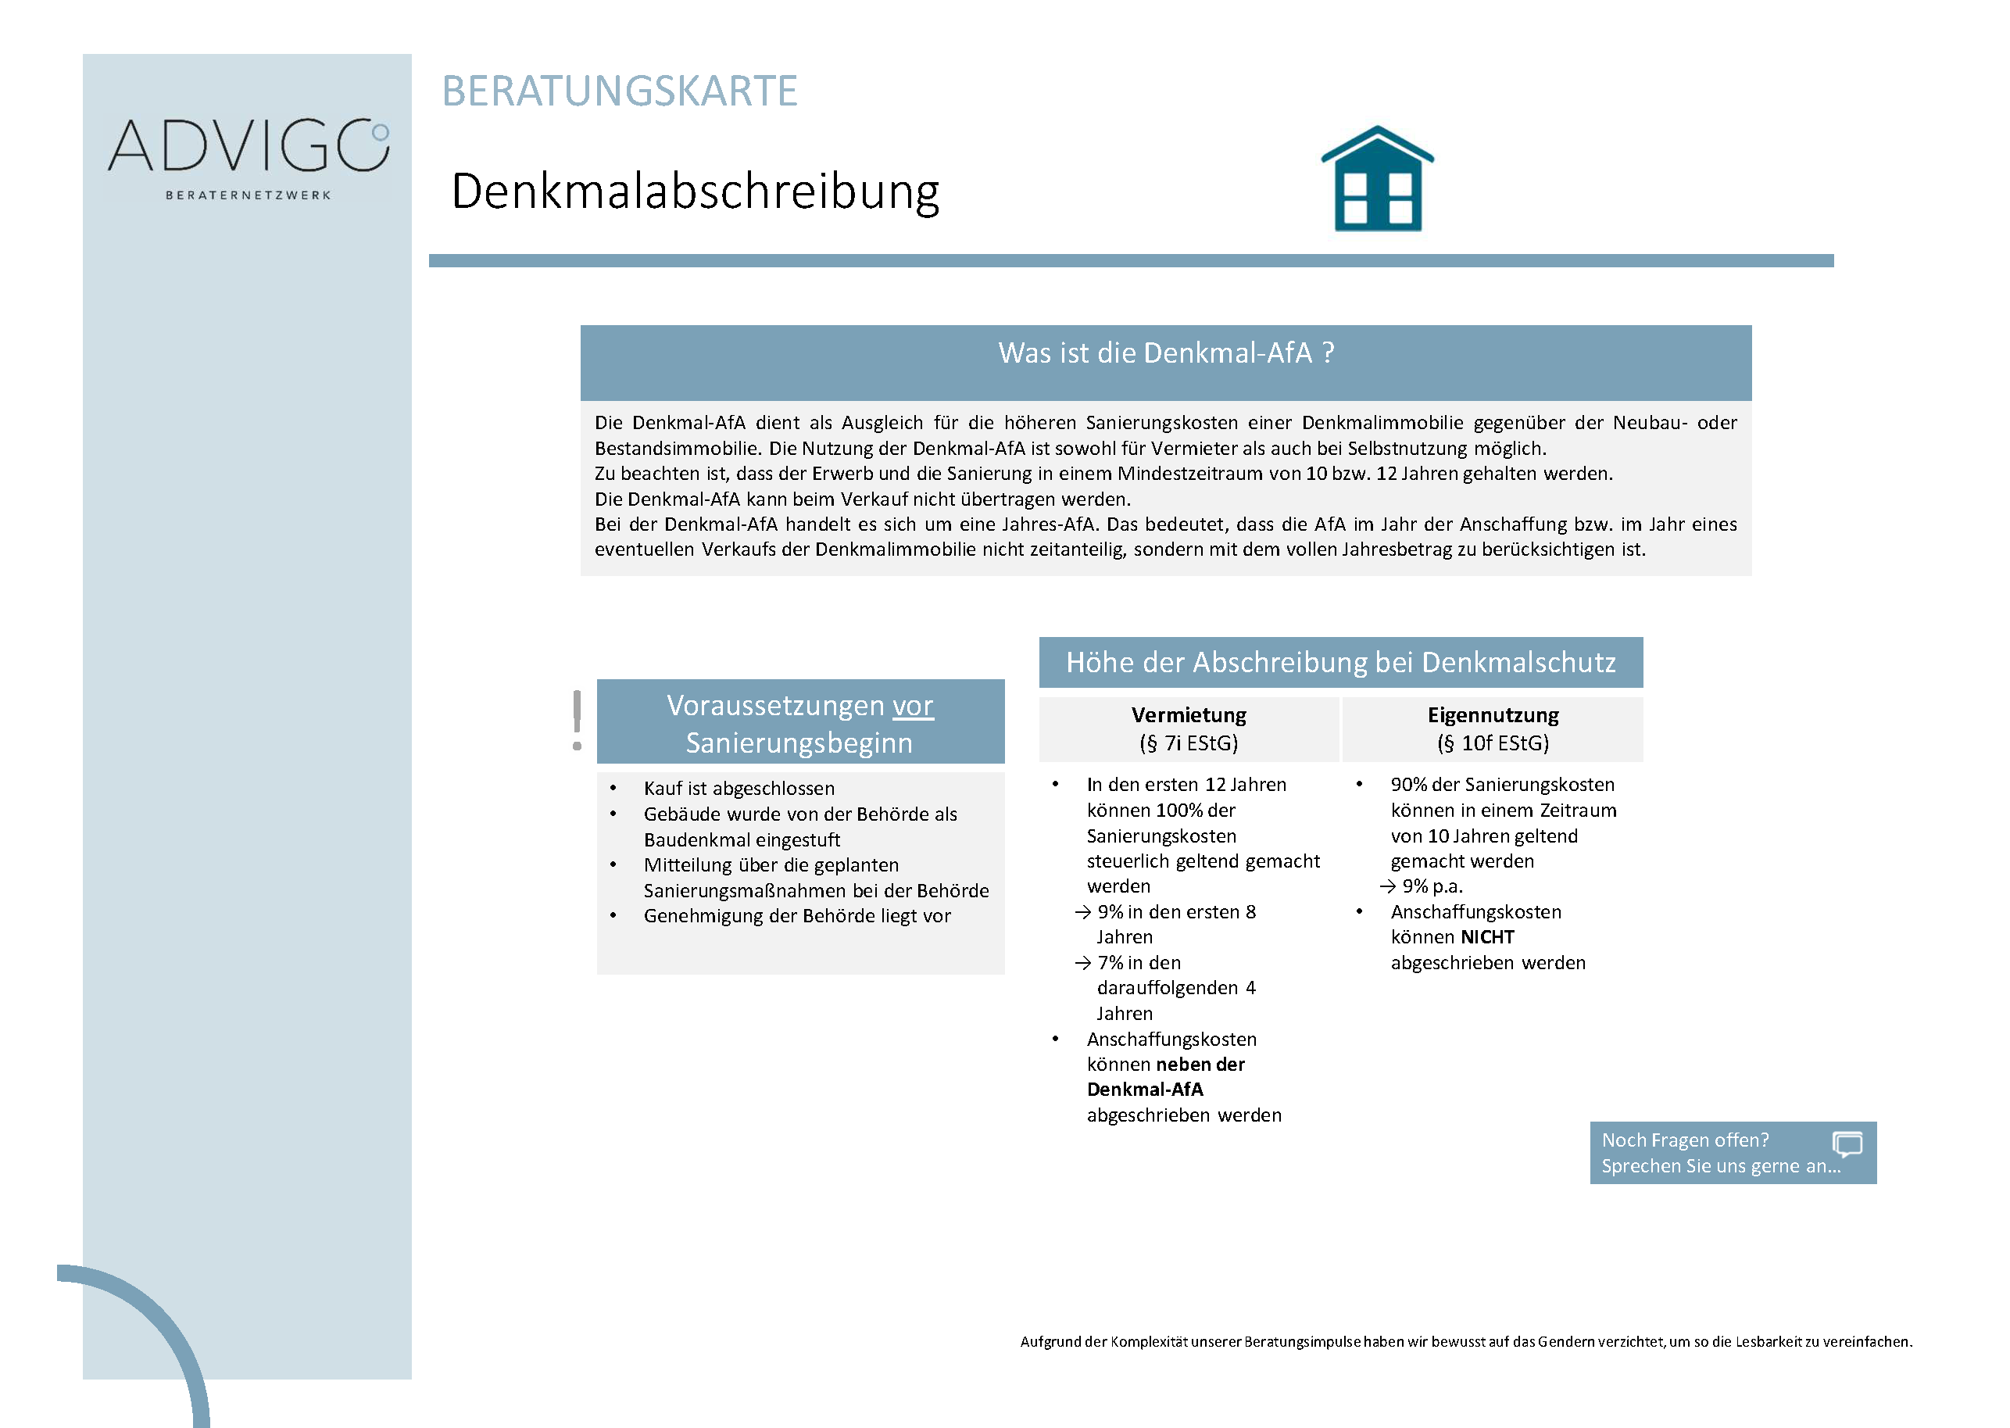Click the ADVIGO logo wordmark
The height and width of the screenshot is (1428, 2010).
point(248,146)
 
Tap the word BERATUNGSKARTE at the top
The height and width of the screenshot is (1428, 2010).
point(619,91)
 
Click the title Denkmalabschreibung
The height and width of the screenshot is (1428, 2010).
point(695,191)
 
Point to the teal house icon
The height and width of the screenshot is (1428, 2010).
point(1377,180)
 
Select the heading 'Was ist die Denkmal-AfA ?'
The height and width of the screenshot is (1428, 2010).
point(1165,353)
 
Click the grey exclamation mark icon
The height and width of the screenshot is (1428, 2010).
point(577,720)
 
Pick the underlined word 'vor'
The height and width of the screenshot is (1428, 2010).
point(913,706)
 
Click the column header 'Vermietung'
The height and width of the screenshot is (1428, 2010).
point(1188,715)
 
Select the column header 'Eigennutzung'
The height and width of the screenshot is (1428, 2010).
point(1492,715)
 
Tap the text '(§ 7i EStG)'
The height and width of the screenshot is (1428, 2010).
point(1188,744)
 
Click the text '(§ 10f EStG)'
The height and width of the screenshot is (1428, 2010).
point(1492,744)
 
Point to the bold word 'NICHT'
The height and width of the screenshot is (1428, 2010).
point(1487,937)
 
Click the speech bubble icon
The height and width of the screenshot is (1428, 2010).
point(1847,1144)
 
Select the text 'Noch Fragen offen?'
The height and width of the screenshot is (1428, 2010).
point(1685,1140)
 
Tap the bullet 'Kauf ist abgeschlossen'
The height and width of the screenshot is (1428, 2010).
point(739,789)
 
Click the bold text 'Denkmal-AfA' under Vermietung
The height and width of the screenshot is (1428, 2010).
point(1145,1090)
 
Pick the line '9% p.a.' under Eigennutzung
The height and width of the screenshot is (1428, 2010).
point(1432,886)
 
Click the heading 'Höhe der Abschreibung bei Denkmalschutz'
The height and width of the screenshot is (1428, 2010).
point(1340,663)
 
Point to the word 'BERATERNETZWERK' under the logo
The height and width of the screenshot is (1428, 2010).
point(248,195)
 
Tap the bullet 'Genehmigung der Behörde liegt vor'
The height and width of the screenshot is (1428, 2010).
point(796,916)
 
